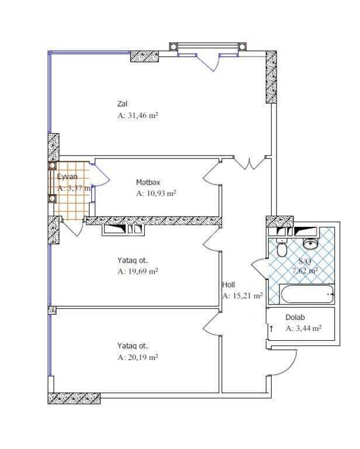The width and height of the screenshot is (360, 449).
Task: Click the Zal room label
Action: [x=122, y=103]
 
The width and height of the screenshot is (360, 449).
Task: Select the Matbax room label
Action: [x=148, y=182]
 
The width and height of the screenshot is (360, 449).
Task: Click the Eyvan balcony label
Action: [x=67, y=177]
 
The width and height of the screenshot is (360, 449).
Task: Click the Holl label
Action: [x=229, y=285]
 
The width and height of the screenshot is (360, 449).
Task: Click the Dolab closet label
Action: [x=295, y=317]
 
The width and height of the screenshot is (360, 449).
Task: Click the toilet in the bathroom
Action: [x=282, y=248]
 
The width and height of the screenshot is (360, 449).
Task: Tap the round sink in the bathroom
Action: [x=310, y=244]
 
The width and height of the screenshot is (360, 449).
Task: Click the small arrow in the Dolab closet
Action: [x=271, y=328]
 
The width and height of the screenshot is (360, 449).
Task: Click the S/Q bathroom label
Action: [x=304, y=261]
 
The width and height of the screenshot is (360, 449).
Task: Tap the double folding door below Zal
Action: [x=249, y=164]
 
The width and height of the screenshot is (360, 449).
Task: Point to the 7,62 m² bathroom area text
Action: [x=304, y=271]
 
